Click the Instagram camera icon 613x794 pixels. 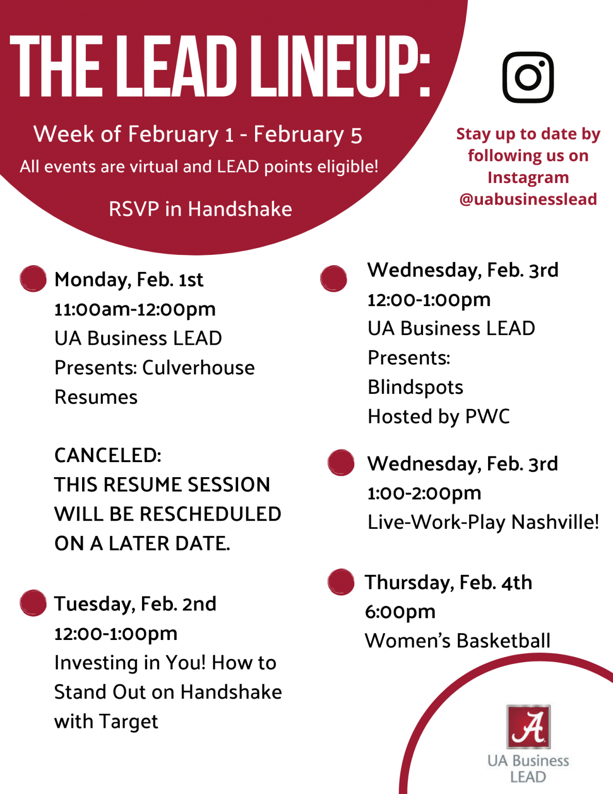[x=528, y=77]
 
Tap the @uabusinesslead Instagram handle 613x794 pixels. [x=528, y=199]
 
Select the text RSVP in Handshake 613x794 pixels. [x=200, y=209]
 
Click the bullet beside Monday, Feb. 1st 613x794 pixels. [x=33, y=279]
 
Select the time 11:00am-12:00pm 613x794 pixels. [x=135, y=310]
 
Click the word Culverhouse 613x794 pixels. [x=198, y=368]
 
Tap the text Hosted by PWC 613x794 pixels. [x=438, y=417]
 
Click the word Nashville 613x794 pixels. [x=555, y=522]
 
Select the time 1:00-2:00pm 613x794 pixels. [x=425, y=493]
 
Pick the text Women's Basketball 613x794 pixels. [x=458, y=640]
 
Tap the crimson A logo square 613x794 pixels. [x=528, y=726]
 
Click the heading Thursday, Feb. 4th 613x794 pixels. [x=448, y=583]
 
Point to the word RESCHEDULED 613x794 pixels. [x=211, y=514]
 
